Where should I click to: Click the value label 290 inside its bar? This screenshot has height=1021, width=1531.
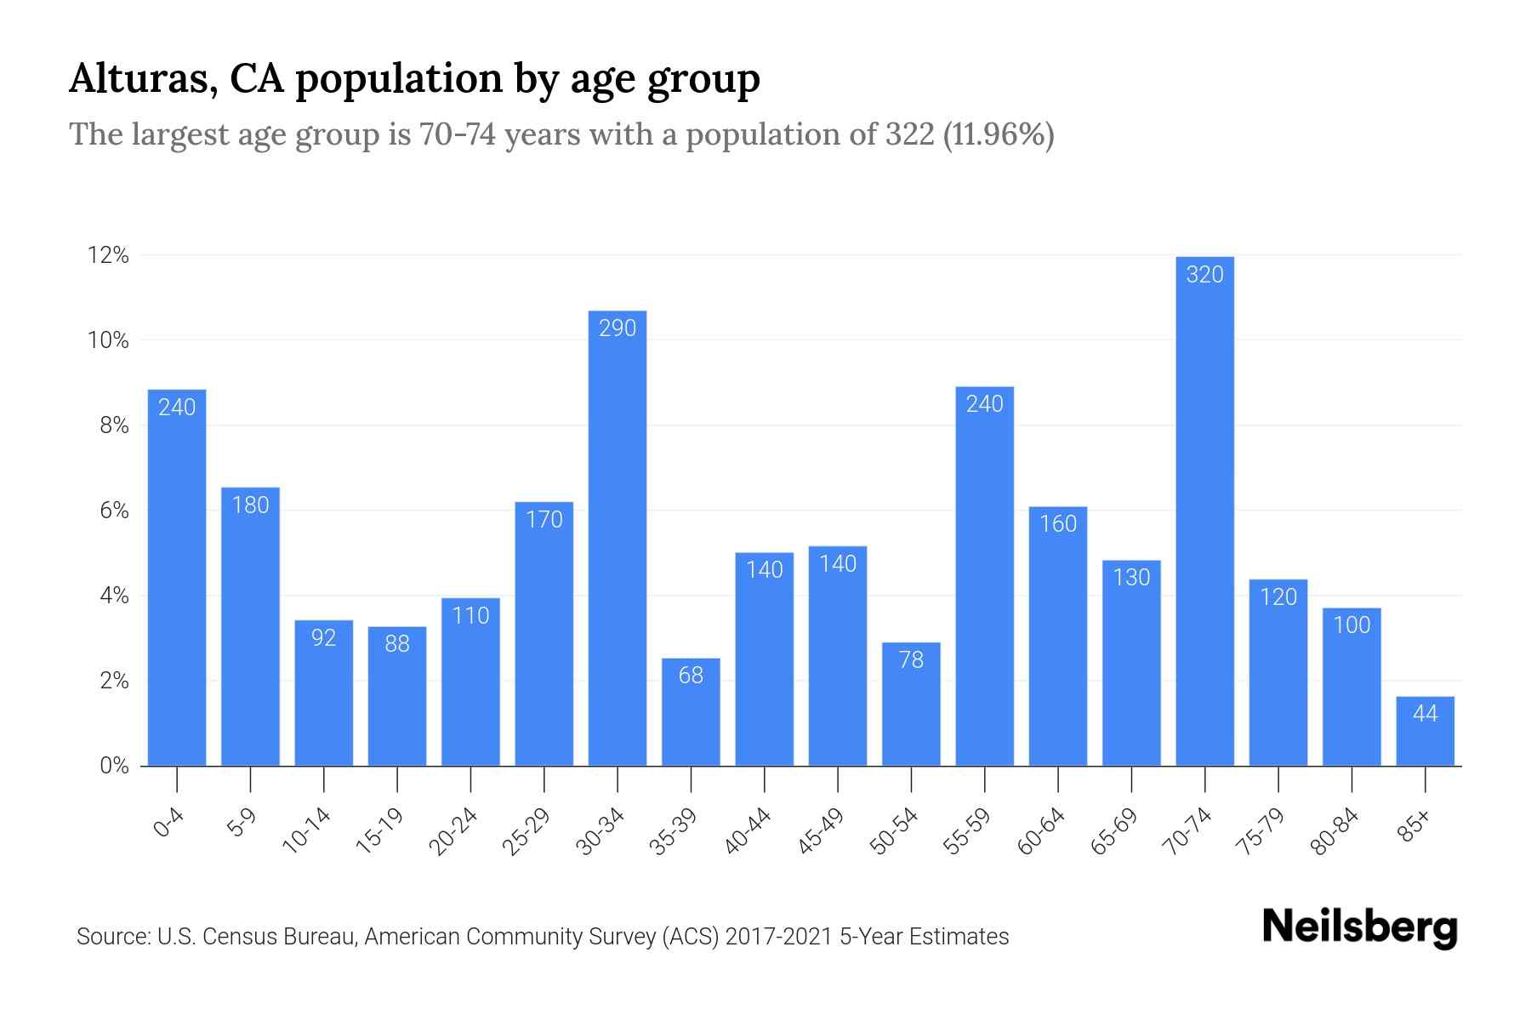tap(618, 328)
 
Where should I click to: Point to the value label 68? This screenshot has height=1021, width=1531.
tap(691, 676)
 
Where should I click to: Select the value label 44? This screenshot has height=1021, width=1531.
tap(1425, 714)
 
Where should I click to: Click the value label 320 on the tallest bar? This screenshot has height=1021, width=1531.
tap(1204, 275)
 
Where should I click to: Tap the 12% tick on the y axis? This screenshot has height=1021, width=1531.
tap(108, 255)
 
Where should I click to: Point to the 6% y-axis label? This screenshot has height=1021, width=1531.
tap(114, 510)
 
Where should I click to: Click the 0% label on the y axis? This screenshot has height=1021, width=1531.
tap(114, 766)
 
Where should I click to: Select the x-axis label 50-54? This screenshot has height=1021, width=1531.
tap(894, 831)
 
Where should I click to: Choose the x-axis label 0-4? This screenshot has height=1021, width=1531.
tap(168, 824)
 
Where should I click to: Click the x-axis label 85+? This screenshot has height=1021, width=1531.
tap(1414, 826)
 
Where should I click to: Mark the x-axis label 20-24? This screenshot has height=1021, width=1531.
tap(453, 831)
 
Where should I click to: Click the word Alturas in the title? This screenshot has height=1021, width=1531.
tap(135, 79)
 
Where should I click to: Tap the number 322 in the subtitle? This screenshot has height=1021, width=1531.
tap(909, 134)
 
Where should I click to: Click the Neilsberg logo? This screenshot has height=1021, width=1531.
tap(1359, 928)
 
